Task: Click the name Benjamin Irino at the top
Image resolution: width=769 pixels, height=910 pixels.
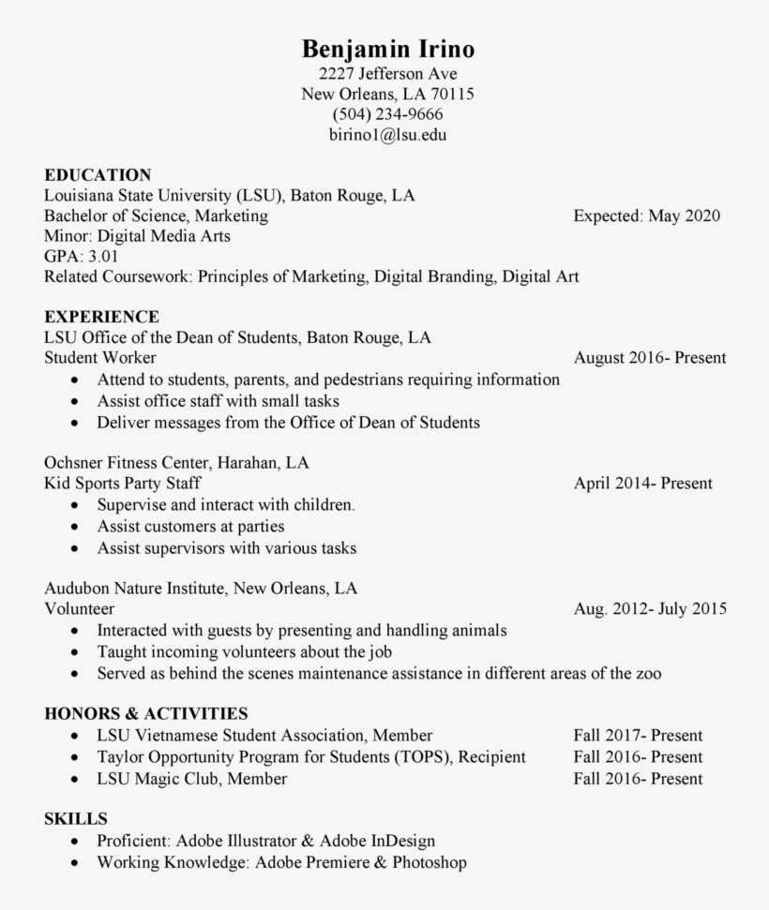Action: pyautogui.click(x=387, y=49)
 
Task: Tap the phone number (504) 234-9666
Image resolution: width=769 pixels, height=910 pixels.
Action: pyautogui.click(x=387, y=114)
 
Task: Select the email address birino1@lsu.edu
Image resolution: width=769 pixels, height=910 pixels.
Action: pyautogui.click(x=387, y=135)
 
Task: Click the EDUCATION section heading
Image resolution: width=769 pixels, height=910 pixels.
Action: pyautogui.click(x=98, y=175)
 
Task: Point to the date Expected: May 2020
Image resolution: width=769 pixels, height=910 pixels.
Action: pyautogui.click(x=646, y=216)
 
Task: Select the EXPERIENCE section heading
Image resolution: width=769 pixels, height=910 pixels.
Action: pyautogui.click(x=101, y=317)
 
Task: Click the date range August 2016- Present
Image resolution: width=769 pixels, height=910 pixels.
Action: pyautogui.click(x=649, y=358)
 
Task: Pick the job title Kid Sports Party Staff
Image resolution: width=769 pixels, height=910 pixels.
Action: pyautogui.click(x=123, y=484)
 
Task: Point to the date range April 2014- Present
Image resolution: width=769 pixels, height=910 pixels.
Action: pyautogui.click(x=642, y=484)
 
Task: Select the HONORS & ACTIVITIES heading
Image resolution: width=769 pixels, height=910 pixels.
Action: pyautogui.click(x=146, y=714)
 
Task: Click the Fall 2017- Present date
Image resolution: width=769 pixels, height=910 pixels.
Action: pyautogui.click(x=638, y=736)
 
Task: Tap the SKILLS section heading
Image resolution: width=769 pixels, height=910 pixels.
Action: pyautogui.click(x=76, y=819)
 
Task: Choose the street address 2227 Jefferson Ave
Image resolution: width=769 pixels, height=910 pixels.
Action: pyautogui.click(x=387, y=74)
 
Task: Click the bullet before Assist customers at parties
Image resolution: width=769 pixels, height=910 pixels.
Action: pyautogui.click(x=75, y=528)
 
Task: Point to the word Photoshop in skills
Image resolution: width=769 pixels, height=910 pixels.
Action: pyautogui.click(x=430, y=862)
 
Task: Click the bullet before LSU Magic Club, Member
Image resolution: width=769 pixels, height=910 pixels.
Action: pyautogui.click(x=75, y=780)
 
